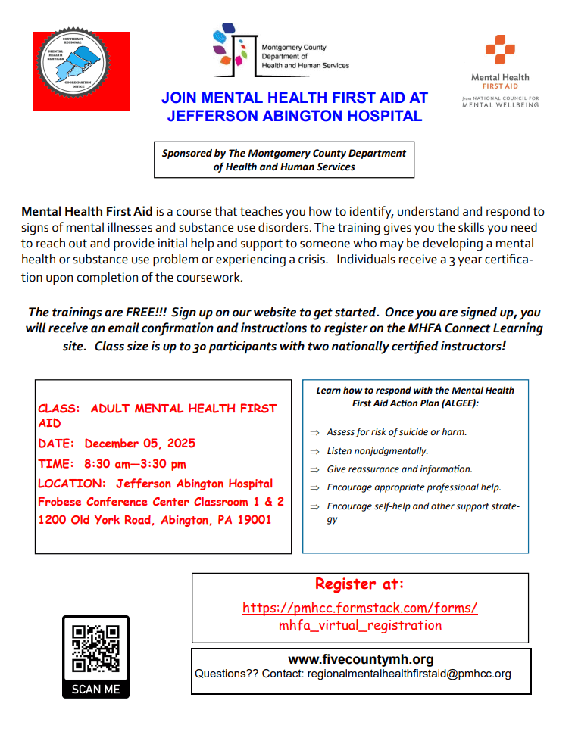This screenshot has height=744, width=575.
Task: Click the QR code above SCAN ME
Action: pyautogui.click(x=95, y=649)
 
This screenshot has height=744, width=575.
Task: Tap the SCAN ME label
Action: pyautogui.click(x=95, y=689)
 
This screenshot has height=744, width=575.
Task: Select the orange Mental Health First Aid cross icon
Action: pyautogui.click(x=500, y=50)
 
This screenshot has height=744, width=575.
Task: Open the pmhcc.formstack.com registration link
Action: pyautogui.click(x=360, y=608)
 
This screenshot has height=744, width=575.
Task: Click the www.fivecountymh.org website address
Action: pyautogui.click(x=361, y=659)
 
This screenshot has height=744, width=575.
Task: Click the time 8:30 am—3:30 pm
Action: pyautogui.click(x=135, y=463)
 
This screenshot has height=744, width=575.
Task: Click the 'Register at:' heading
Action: pyautogui.click(x=360, y=584)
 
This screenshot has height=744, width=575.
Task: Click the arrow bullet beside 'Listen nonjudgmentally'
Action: pyautogui.click(x=314, y=451)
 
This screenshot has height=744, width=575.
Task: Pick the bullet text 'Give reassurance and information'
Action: pyautogui.click(x=399, y=469)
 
